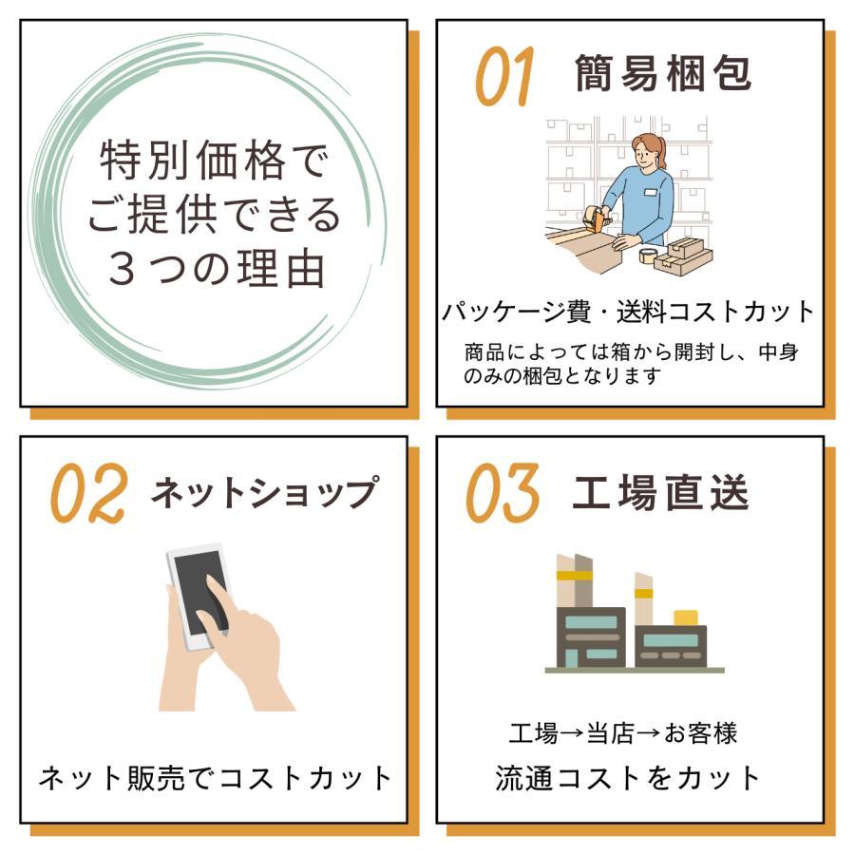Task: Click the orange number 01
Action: pyautogui.click(x=503, y=76)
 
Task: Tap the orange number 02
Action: pyautogui.click(x=89, y=493)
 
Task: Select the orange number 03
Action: pyautogui.click(x=503, y=493)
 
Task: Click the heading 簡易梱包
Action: pyautogui.click(x=663, y=73)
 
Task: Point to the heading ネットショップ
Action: pyautogui.click(x=264, y=492)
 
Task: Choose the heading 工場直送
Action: pyautogui.click(x=660, y=492)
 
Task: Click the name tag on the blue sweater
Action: pyautogui.click(x=651, y=192)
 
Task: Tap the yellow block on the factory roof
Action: pyautogui.click(x=686, y=617)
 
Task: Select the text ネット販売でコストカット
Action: pyautogui.click(x=215, y=778)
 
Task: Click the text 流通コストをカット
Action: pyautogui.click(x=628, y=778)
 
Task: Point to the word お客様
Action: pyautogui.click(x=701, y=733)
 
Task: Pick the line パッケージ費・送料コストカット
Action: pyautogui.click(x=628, y=312)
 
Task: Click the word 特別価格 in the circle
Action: pyautogui.click(x=193, y=160)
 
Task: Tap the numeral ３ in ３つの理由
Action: pyautogui.click(x=123, y=270)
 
